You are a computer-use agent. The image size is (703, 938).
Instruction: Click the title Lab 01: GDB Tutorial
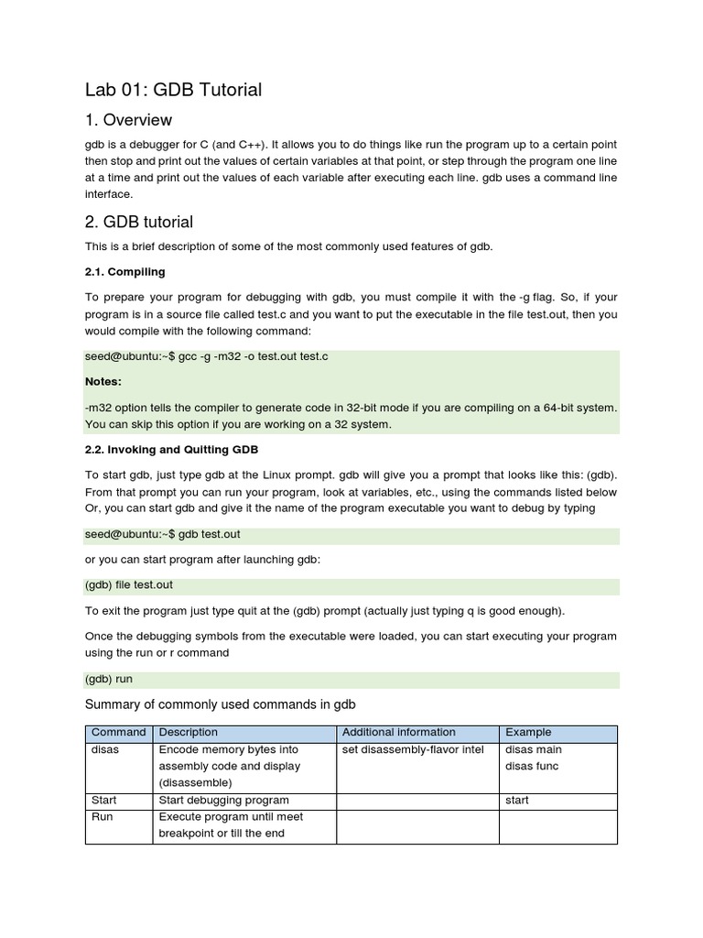point(173,89)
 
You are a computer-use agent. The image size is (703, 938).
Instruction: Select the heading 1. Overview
point(128,120)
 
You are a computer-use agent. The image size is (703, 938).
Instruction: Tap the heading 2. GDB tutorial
point(138,222)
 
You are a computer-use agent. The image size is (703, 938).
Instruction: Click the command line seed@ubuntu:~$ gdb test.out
point(163,533)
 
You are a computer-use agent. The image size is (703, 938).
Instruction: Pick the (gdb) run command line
point(109,680)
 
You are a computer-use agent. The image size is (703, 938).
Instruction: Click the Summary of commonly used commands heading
point(220,703)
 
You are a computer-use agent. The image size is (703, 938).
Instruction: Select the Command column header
point(118,732)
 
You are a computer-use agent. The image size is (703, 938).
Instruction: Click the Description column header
point(189,732)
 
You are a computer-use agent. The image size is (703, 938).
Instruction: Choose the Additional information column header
point(398,732)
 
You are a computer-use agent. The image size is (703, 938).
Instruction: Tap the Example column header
point(528,732)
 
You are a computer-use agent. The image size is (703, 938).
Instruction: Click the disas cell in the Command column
point(105,749)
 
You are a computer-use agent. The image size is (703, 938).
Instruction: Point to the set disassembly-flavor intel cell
point(412,749)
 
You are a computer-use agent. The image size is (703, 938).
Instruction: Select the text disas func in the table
point(532,766)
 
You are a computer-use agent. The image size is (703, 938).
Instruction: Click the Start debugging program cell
point(224,800)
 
